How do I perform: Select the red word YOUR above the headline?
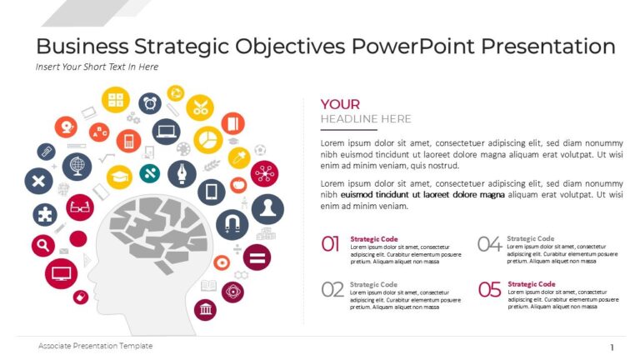(x=340, y=104)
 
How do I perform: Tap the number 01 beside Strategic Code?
(x=331, y=243)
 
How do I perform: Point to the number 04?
(x=489, y=243)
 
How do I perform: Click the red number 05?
(x=489, y=289)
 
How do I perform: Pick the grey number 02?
(x=332, y=289)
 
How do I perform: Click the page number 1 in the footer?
(x=612, y=347)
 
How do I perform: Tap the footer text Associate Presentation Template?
(x=96, y=346)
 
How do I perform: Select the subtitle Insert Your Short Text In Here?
(x=97, y=67)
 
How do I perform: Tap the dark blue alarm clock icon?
(x=150, y=103)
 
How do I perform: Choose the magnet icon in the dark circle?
(x=232, y=223)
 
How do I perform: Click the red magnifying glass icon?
(x=42, y=245)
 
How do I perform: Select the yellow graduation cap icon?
(x=120, y=176)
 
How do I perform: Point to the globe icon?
(x=77, y=166)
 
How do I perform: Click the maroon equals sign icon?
(x=257, y=257)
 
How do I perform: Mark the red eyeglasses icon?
(x=80, y=207)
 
